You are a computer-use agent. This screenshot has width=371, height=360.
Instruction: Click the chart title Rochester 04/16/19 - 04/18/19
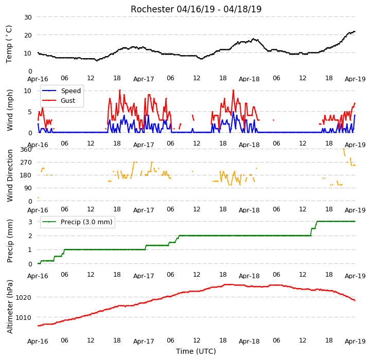click(196, 9)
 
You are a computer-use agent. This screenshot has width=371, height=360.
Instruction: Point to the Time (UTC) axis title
click(196, 351)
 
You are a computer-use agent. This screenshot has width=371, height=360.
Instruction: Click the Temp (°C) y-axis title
click(9, 44)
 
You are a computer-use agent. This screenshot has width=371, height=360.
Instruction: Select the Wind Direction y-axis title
click(10, 175)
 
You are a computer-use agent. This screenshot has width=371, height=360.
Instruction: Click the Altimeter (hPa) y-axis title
click(10, 307)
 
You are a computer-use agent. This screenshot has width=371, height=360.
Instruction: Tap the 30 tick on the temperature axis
click(28, 17)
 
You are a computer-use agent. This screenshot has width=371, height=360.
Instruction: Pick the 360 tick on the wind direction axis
click(26, 150)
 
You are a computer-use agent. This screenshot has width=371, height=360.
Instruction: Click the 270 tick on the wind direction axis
click(26, 163)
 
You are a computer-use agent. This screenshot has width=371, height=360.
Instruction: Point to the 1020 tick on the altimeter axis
click(24, 298)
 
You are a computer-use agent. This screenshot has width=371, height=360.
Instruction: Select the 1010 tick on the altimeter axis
click(24, 317)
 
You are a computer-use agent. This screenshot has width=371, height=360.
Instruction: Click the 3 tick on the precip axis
click(30, 222)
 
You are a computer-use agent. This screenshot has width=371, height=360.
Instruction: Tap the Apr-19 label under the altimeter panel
click(355, 341)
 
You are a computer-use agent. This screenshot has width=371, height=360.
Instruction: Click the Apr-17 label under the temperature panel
click(144, 79)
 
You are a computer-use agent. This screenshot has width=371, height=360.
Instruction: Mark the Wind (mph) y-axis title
click(10, 110)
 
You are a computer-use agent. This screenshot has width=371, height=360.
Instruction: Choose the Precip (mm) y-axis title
click(10, 241)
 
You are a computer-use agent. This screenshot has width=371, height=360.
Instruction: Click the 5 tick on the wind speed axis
click(30, 112)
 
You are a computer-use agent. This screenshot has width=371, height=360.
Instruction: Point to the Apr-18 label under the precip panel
click(249, 276)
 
